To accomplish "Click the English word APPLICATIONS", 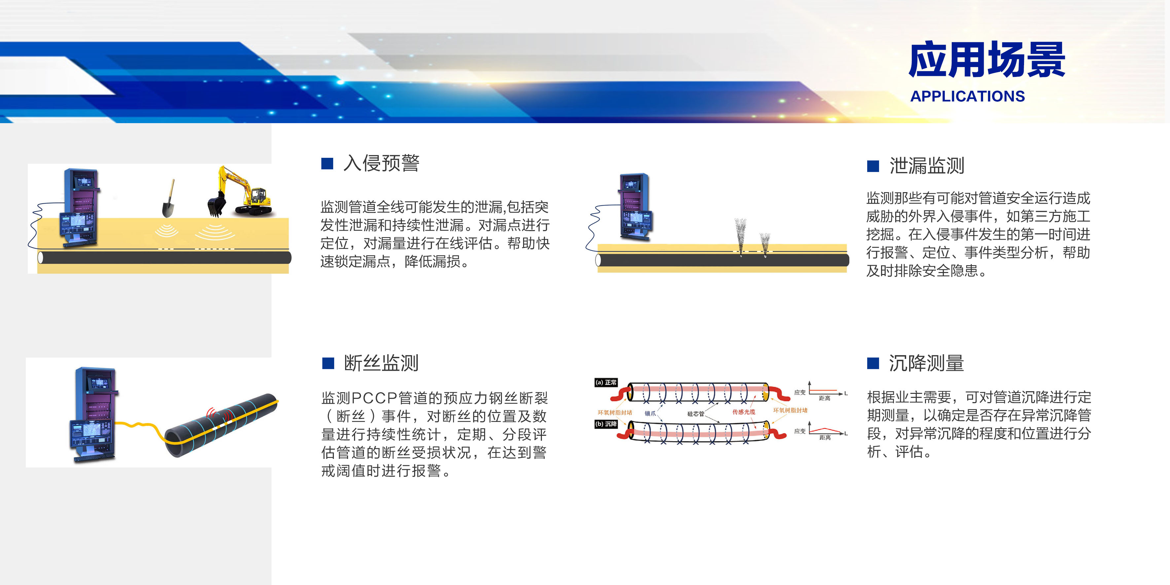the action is click(x=968, y=96).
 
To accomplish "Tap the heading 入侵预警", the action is click(x=381, y=163).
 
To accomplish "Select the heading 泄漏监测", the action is click(x=927, y=165).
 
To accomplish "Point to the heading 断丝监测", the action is click(x=381, y=363).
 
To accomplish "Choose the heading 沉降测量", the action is click(x=927, y=363).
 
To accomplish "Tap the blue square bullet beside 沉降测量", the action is click(x=873, y=363).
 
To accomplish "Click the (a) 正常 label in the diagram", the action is click(x=606, y=382).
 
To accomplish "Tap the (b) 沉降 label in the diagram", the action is click(x=606, y=424).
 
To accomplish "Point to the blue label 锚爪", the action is click(x=650, y=413).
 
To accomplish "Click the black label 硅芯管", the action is click(x=695, y=414).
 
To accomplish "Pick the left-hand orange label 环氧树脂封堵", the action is click(x=615, y=412).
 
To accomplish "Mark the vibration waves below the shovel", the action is click(x=167, y=231).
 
